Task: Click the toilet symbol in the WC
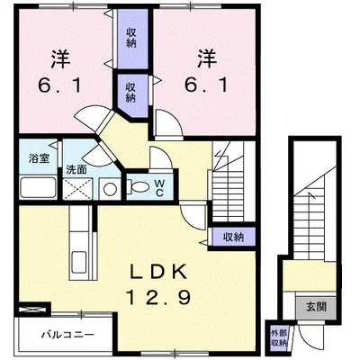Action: (138, 187)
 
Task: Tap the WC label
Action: (159, 188)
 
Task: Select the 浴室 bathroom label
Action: (39, 158)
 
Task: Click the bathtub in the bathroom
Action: (38, 187)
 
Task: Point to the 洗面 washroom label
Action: (76, 170)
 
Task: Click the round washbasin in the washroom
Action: (110, 189)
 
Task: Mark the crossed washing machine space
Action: (77, 189)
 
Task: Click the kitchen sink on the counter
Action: (79, 261)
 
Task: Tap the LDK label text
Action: (158, 272)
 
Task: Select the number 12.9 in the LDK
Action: (158, 298)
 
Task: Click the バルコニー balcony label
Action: (67, 334)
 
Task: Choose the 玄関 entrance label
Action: (316, 307)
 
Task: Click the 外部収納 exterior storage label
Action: (279, 338)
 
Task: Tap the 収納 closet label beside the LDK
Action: (233, 238)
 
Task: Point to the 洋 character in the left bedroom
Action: (60, 58)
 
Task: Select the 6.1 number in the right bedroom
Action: (206, 86)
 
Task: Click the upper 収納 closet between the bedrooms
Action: (131, 38)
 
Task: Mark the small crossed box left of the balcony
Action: (32, 309)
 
